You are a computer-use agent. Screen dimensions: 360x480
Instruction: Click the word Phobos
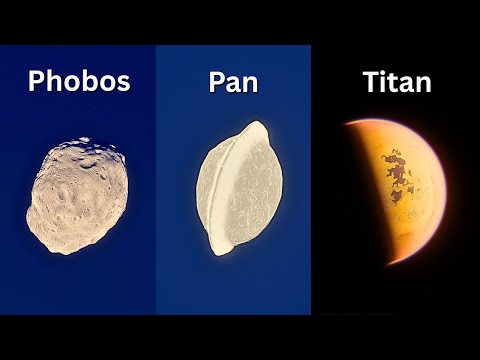pos(79,81)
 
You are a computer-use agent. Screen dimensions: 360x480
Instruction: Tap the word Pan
pos(233,82)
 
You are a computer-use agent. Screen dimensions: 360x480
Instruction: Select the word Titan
pos(397,82)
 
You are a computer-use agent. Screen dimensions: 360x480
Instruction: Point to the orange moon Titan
pos(400,190)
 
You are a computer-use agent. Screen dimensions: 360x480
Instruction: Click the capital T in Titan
pos(370,82)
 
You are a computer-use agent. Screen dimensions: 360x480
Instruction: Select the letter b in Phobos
pos(86,81)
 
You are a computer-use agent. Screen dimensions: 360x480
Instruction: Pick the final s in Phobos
pos(123,83)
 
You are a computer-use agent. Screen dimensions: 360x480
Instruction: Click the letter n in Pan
pos(251,84)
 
